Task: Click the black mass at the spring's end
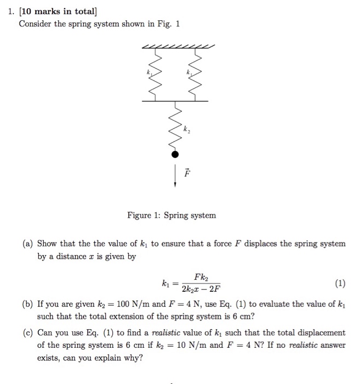tap(175, 155)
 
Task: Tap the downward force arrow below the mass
tap(175, 177)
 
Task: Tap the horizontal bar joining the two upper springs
tap(175, 100)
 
